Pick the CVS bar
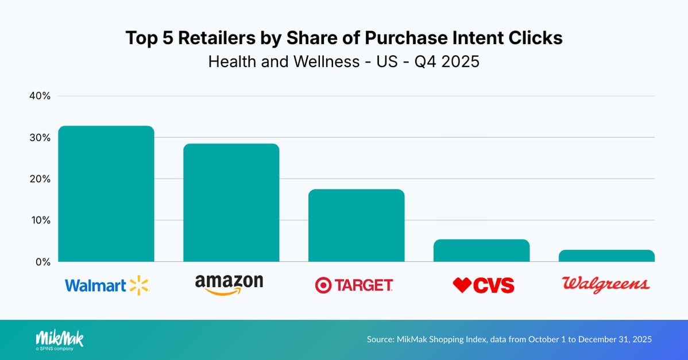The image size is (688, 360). point(481,250)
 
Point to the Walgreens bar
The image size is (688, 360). point(606,256)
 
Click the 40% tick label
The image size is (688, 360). point(40,96)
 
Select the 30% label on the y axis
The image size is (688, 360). point(40,138)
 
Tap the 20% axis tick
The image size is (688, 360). point(40,179)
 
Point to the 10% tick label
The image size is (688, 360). point(40,220)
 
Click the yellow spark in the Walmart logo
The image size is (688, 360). point(139,285)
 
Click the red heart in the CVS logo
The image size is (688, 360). point(462,285)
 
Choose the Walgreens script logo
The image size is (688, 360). point(606,284)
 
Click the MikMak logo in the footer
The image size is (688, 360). point(60,339)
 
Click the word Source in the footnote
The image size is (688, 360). point(381,339)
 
